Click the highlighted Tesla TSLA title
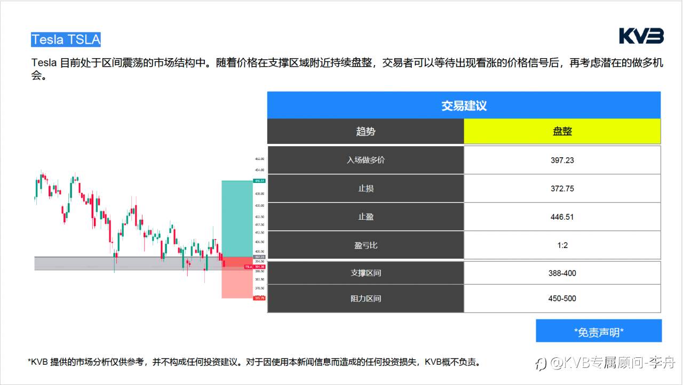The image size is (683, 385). [66, 39]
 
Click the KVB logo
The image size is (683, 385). [641, 36]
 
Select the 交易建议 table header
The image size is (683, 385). [464, 105]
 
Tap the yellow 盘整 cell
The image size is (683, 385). [562, 131]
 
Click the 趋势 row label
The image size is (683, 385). [366, 131]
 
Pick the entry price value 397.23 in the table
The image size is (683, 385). [562, 160]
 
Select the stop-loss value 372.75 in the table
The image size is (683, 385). [562, 188]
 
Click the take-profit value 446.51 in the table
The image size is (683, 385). [562, 217]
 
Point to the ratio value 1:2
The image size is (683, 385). [562, 245]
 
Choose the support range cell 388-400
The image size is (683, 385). [562, 273]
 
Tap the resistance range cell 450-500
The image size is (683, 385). [562, 299]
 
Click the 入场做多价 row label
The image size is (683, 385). [366, 160]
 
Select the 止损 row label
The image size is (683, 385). [366, 188]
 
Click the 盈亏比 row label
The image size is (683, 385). [366, 245]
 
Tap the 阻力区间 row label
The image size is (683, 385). [366, 299]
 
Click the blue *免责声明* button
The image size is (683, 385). [599, 332]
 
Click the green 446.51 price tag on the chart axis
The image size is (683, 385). [259, 181]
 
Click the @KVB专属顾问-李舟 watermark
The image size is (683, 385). [606, 364]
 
